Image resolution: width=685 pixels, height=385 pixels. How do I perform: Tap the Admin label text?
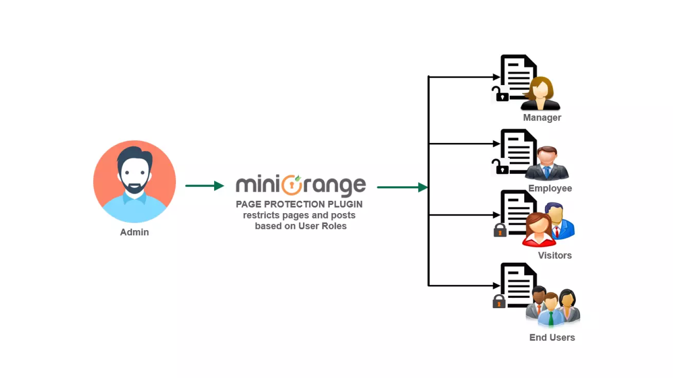(x=134, y=232)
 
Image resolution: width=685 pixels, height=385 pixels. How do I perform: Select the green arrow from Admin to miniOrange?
(x=204, y=186)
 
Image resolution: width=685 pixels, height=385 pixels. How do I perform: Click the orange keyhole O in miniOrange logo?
(x=292, y=185)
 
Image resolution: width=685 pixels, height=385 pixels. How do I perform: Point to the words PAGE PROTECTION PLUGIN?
(x=299, y=204)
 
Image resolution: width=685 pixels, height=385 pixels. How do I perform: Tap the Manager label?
(x=542, y=118)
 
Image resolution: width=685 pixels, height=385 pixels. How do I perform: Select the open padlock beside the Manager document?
(x=500, y=94)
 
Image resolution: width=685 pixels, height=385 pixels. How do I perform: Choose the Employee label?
(x=550, y=188)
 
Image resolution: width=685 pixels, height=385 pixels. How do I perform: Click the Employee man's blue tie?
(x=547, y=171)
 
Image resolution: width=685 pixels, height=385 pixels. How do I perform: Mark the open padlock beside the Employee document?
(x=500, y=167)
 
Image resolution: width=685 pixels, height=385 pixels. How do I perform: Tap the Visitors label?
(x=555, y=255)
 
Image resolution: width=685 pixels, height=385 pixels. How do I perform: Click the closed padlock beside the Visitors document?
(x=500, y=231)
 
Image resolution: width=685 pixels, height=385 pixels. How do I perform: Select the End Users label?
(x=552, y=337)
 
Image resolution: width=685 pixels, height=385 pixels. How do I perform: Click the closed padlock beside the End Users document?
(x=499, y=302)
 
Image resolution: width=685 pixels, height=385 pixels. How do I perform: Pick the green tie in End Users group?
(x=551, y=318)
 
